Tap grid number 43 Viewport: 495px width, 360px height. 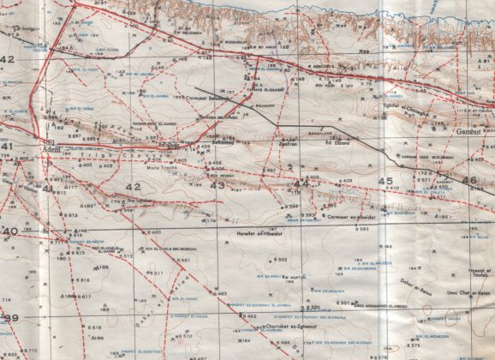tap(218, 185)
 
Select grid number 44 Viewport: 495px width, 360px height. tap(300, 183)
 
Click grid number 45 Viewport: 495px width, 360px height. tap(386, 181)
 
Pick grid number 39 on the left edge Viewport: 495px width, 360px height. tap(9, 318)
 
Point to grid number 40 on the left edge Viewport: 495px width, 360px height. tap(9, 231)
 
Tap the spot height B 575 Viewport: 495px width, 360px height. tap(413, 345)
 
